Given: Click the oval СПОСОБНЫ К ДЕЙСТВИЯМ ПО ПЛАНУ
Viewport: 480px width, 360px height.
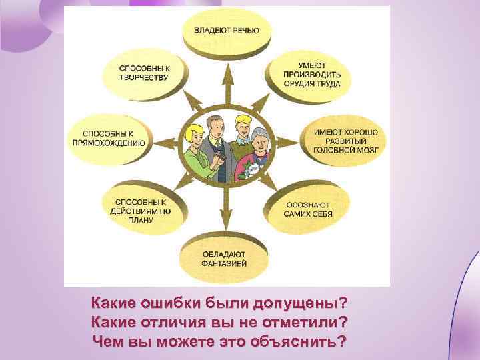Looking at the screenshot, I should (143, 211).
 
